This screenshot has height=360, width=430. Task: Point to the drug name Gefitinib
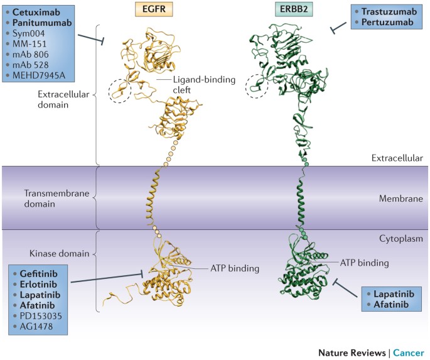pyautogui.click(x=35, y=272)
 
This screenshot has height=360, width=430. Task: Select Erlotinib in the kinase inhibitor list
pyautogui.click(x=34, y=284)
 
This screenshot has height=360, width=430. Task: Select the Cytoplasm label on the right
pyautogui.click(x=401, y=239)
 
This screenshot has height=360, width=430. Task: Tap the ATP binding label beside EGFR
pyautogui.click(x=234, y=269)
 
